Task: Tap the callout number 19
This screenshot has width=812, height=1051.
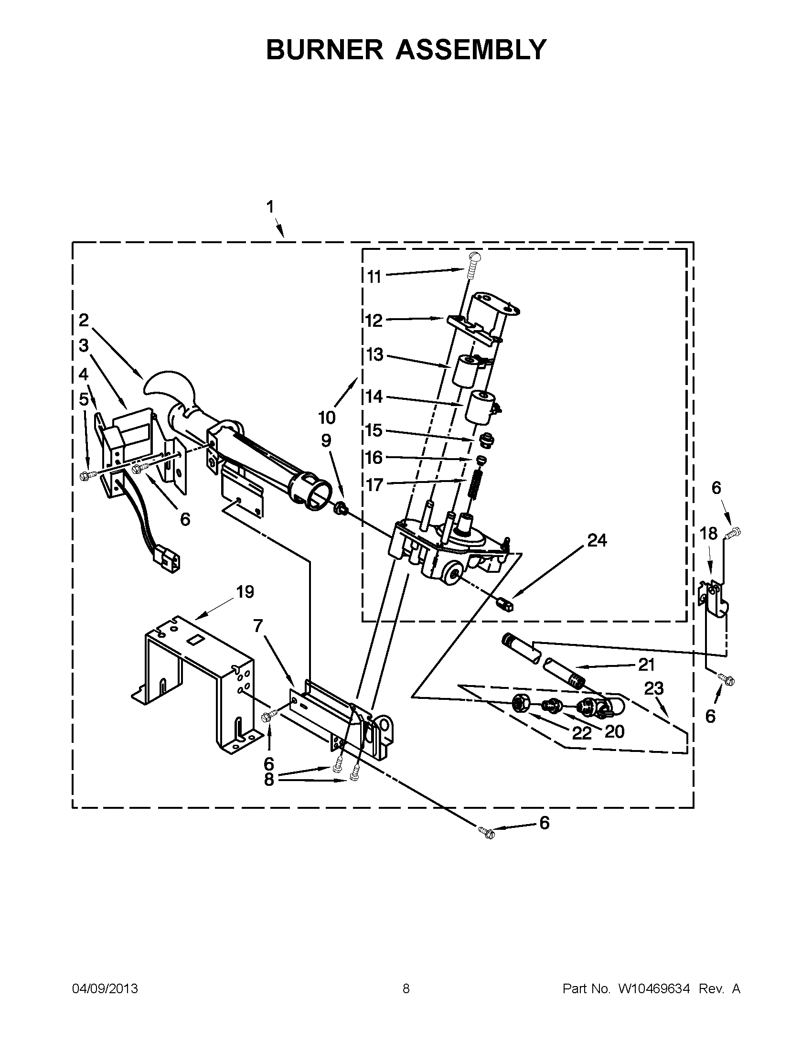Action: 245,592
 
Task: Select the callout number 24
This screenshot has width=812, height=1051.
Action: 597,540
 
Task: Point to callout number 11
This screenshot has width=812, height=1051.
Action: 374,277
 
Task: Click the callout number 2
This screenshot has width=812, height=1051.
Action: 84,320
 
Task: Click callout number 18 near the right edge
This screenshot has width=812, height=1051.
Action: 708,534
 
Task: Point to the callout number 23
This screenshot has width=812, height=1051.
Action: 654,688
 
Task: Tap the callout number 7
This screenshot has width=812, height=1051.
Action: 258,626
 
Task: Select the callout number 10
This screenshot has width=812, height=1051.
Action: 327,418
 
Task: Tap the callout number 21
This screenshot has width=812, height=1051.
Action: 646,665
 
